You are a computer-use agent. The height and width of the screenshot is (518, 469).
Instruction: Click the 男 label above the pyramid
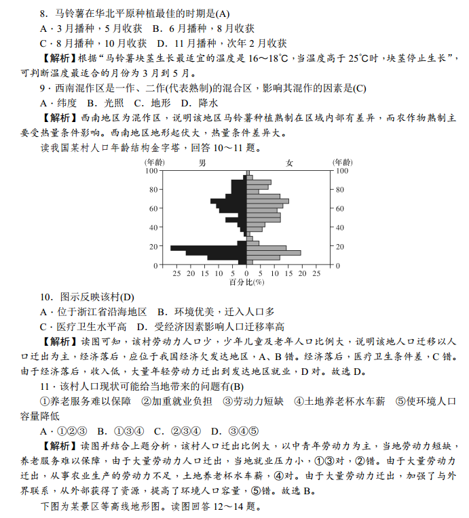pyautogui.click(x=202, y=163)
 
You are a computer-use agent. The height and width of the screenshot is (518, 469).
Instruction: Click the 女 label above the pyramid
pyautogui.click(x=290, y=163)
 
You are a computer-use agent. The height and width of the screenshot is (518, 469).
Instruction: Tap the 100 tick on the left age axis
pyautogui.click(x=152, y=171)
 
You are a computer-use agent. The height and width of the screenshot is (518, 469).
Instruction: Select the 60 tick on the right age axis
pyautogui.click(x=339, y=208)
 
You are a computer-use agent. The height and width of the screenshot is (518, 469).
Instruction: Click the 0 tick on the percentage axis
pyautogui.click(x=246, y=273)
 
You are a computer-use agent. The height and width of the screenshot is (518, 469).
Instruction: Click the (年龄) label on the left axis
pyautogui.click(x=154, y=163)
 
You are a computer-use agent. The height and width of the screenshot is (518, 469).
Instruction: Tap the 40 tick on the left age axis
pyautogui.click(x=154, y=227)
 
